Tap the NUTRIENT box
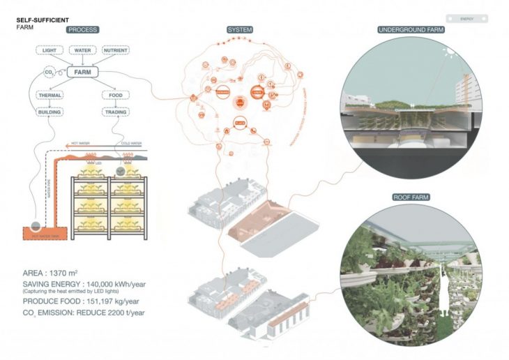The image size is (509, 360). coord(115,51)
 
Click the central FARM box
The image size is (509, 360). coord(83,71)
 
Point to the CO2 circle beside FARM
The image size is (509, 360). coord(50,72)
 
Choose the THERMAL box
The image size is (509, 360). coord(51,95)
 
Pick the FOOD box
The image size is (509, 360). coord(114,95)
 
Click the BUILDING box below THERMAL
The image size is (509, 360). coord(51,112)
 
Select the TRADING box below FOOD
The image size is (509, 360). coord(114,112)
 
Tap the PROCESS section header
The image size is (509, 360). coord(82,30)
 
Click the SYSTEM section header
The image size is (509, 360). coord(240,30)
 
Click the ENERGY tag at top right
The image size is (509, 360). coord(467,20)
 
